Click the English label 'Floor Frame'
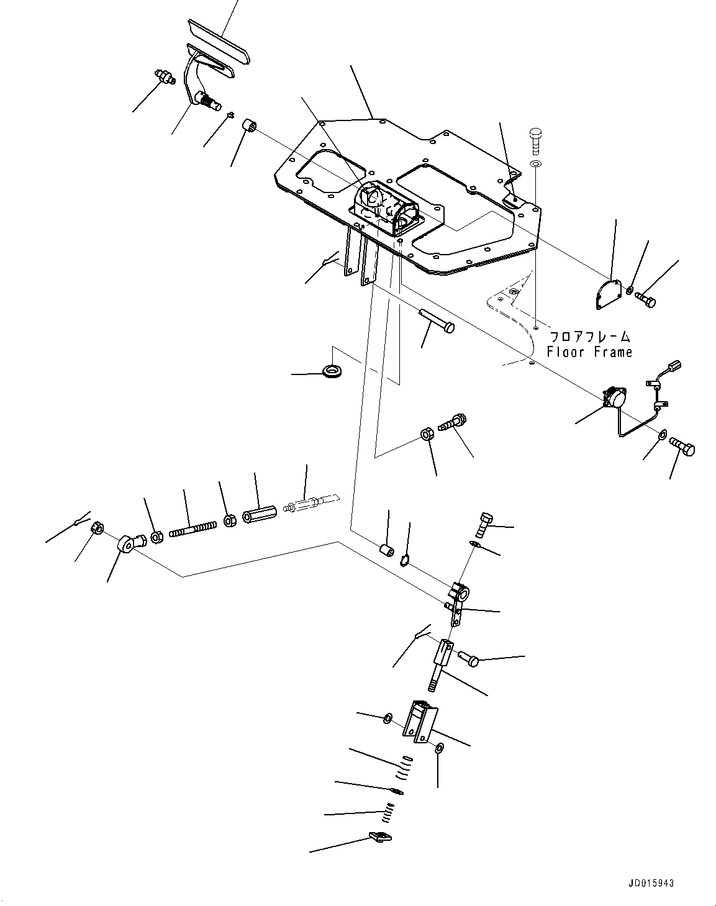pos(589,352)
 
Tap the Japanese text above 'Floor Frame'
pos(589,337)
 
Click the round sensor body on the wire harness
pos(614,395)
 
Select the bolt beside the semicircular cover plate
pos(646,300)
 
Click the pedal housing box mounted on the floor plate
pos(385,208)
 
